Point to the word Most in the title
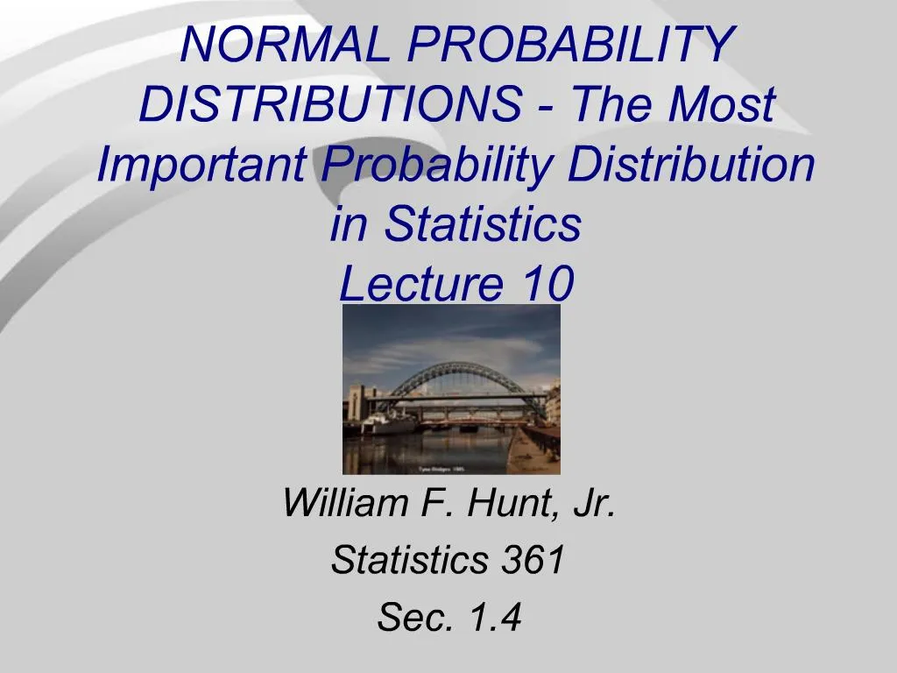pyautogui.click(x=722, y=105)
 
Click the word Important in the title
pyautogui.click(x=201, y=165)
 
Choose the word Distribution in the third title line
pyautogui.click(x=691, y=165)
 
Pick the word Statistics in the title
pyautogui.click(x=482, y=224)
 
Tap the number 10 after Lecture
pyautogui.click(x=547, y=284)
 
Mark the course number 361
pyautogui.click(x=533, y=561)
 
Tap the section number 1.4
pyautogui.click(x=495, y=619)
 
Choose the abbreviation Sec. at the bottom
pyautogui.click(x=408, y=619)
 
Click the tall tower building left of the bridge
pyautogui.click(x=357, y=404)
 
